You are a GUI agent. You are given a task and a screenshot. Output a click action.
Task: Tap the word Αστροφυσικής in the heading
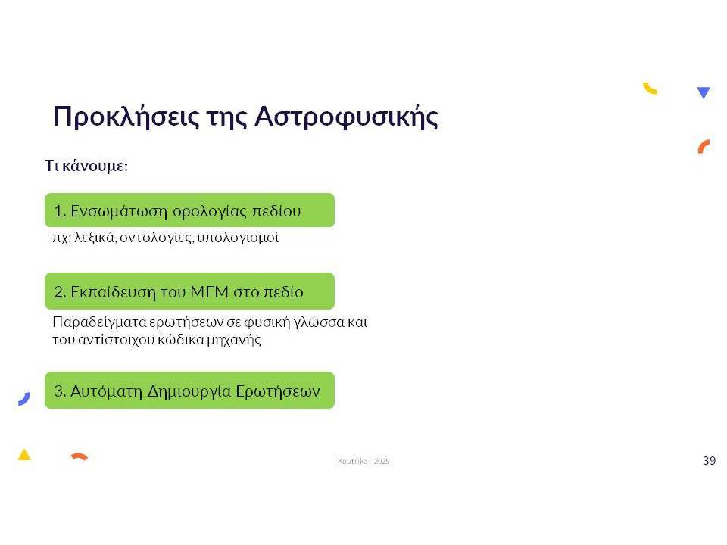pyautogui.click(x=346, y=117)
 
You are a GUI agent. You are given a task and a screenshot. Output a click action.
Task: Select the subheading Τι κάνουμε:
pyautogui.click(x=86, y=166)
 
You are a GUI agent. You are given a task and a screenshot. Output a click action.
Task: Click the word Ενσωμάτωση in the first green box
pyautogui.click(x=119, y=211)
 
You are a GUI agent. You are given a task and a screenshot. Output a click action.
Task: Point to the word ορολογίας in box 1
pyautogui.click(x=210, y=212)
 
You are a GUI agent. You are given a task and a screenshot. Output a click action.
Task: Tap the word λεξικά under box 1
pyautogui.click(x=95, y=237)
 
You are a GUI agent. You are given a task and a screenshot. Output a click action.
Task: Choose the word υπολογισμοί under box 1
pyautogui.click(x=238, y=238)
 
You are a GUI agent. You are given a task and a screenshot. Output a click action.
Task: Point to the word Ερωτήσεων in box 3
pyautogui.click(x=278, y=391)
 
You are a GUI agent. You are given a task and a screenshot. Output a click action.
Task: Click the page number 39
pyautogui.click(x=710, y=461)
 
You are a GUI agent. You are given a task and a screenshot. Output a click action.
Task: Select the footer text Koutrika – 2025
pyautogui.click(x=363, y=461)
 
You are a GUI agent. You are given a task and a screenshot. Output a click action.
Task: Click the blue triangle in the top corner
pyautogui.click(x=704, y=92)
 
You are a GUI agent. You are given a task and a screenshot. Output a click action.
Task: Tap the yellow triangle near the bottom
pyautogui.click(x=24, y=455)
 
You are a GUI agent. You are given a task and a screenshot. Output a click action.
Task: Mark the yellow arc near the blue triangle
pyautogui.click(x=650, y=89)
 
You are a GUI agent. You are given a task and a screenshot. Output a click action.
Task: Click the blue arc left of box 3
pyautogui.click(x=25, y=400)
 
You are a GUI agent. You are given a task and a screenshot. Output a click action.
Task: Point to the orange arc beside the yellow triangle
pyautogui.click(x=80, y=456)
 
